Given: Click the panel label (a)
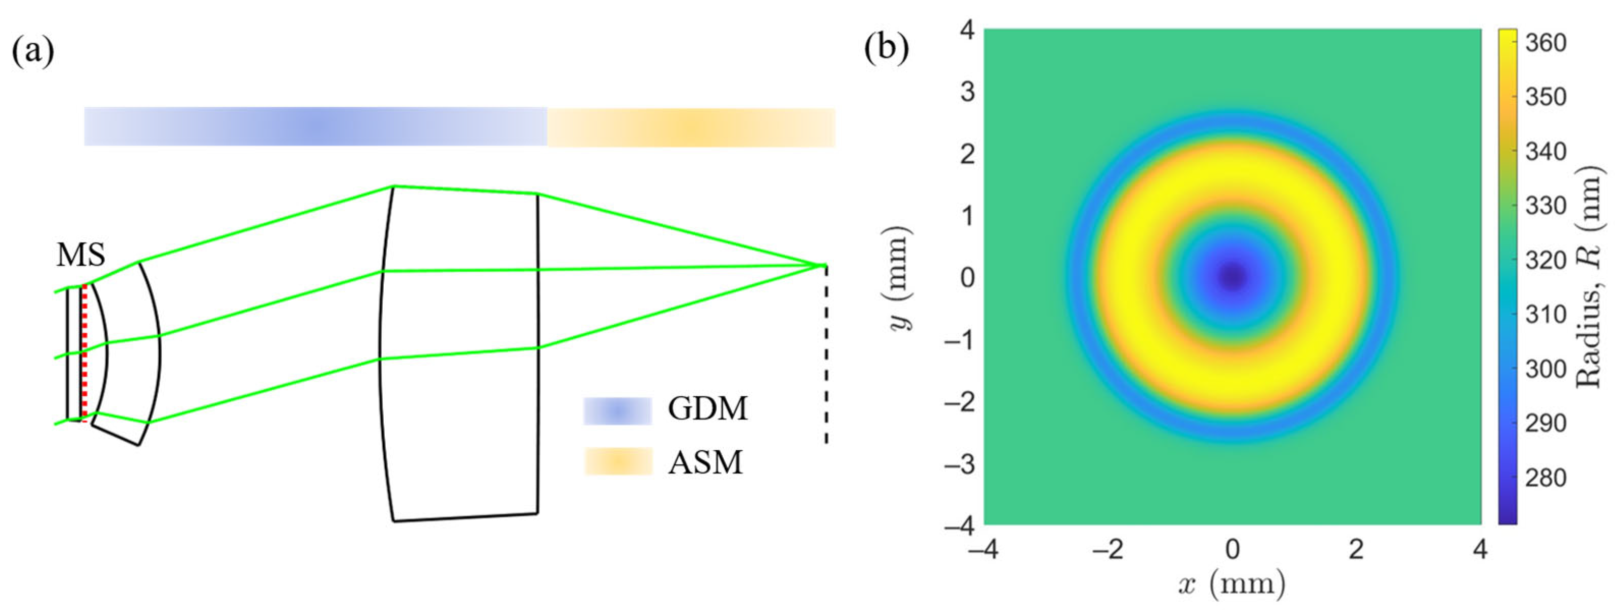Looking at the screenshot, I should (x=33, y=50).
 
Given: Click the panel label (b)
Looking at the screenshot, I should (x=887, y=48).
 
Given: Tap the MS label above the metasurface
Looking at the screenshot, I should (x=80, y=255).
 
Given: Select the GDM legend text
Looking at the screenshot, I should (x=707, y=409).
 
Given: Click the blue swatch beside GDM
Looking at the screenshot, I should (x=617, y=411).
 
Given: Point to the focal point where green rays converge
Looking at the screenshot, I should (x=824, y=265).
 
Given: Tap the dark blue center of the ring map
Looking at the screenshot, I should (x=1232, y=275).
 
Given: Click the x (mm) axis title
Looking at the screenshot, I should (x=1231, y=585).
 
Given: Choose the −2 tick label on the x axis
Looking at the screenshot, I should (x=1107, y=550).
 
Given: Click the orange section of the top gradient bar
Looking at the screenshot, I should (x=691, y=127).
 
